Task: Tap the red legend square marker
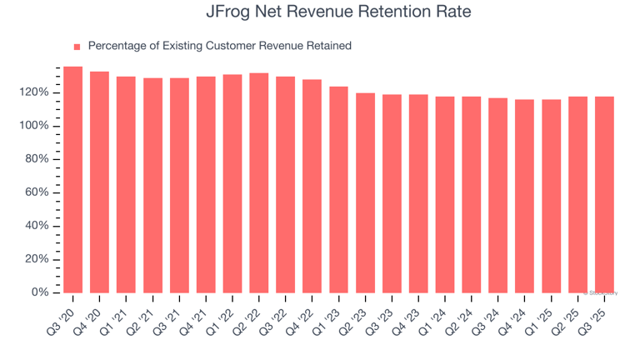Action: coord(77,47)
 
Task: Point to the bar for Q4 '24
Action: coord(525,197)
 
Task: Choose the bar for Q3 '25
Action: coord(604,195)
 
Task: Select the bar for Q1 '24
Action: coord(445,195)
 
